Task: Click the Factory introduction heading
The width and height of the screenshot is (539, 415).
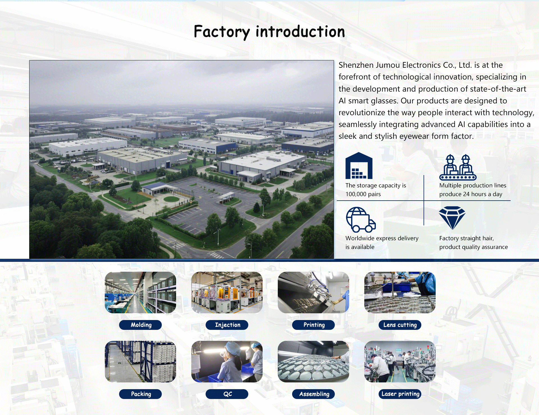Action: (x=269, y=31)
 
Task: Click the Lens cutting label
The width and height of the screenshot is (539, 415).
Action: (x=400, y=325)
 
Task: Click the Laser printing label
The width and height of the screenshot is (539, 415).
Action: (x=400, y=394)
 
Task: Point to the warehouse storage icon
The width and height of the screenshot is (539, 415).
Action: (x=359, y=165)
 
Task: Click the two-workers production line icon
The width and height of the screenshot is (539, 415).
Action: (x=458, y=167)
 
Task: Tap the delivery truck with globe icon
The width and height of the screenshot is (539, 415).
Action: (x=361, y=220)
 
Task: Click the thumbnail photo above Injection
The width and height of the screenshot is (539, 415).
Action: (x=227, y=292)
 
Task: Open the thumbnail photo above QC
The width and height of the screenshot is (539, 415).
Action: (x=227, y=362)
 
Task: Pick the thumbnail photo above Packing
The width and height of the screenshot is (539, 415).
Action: (x=140, y=362)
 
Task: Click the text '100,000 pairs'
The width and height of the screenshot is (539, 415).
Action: (x=363, y=194)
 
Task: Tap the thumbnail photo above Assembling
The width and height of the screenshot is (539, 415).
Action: (x=313, y=362)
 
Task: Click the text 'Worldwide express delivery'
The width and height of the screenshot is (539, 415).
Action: (x=382, y=238)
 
